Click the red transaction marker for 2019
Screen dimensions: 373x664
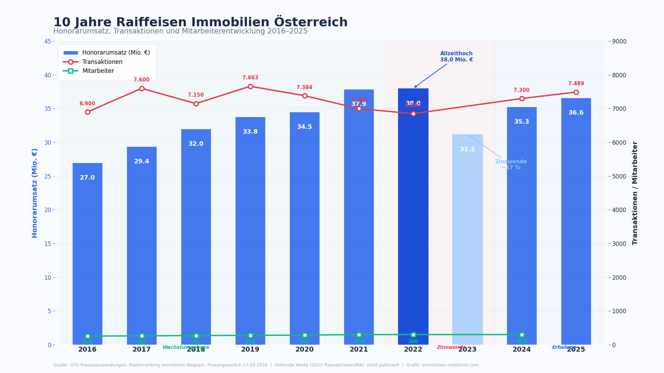click(x=250, y=86)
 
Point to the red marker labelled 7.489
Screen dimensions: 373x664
click(x=576, y=92)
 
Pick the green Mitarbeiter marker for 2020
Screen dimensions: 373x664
click(x=305, y=335)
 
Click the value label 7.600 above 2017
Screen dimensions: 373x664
click(x=141, y=80)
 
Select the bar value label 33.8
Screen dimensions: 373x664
click(x=250, y=132)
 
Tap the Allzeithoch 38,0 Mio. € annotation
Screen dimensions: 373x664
click(x=456, y=57)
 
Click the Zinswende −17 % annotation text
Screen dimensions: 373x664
click(x=511, y=164)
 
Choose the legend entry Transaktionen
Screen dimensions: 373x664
click(x=102, y=62)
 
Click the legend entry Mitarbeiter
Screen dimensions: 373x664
click(x=98, y=71)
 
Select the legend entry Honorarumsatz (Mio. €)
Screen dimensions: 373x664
click(x=116, y=53)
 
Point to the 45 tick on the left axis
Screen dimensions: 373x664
click(x=47, y=41)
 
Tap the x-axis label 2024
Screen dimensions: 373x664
click(x=522, y=350)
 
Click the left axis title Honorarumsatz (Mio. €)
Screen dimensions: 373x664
click(x=35, y=193)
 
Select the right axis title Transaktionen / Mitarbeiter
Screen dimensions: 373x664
click(x=635, y=193)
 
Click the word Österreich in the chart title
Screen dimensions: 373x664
click(x=311, y=22)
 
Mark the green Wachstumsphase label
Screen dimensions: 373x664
click(x=186, y=347)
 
